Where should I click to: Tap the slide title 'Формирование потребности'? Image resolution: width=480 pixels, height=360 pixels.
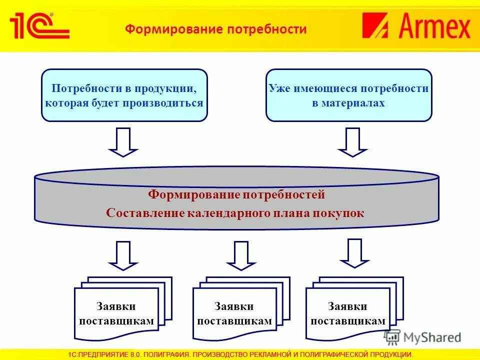(x=215, y=29)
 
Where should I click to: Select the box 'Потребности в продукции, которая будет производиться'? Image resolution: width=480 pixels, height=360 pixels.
(x=124, y=95)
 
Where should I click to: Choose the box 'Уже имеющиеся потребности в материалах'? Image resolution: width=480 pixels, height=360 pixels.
(x=348, y=95)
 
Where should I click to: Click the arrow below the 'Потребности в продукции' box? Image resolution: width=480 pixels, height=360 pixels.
(x=123, y=142)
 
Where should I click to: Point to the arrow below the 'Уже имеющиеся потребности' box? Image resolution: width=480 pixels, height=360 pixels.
(x=353, y=142)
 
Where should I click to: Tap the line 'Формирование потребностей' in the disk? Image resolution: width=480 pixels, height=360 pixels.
(x=236, y=194)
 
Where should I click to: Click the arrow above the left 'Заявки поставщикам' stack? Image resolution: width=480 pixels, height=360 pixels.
(x=123, y=255)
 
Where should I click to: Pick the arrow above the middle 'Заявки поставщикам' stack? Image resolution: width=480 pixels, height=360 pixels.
(x=241, y=255)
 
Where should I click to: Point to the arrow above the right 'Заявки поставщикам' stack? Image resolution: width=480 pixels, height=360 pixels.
(x=354, y=253)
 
